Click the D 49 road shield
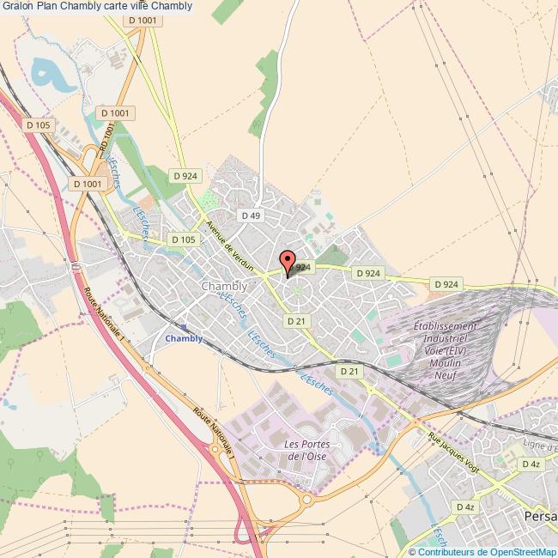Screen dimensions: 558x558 (251, 215)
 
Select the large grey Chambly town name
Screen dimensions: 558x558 (223, 286)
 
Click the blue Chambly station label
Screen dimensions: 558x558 (184, 338)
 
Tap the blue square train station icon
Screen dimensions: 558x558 (184, 326)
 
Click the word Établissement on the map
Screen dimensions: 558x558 (445, 326)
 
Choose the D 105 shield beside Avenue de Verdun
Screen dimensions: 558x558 (183, 240)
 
